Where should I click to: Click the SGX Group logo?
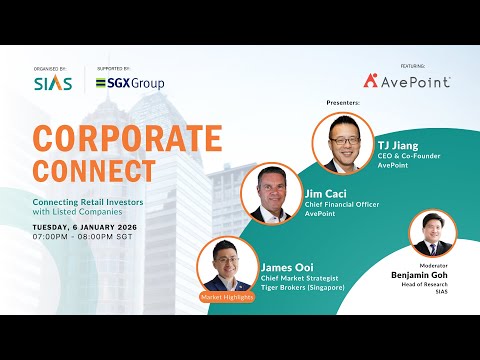click(x=130, y=83)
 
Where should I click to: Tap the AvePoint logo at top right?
click(x=406, y=80)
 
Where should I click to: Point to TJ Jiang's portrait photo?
click(x=343, y=141)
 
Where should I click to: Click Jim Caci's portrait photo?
click(x=272, y=193)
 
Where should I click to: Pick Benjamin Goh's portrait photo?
click(x=433, y=233)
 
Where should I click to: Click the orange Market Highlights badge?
click(x=227, y=297)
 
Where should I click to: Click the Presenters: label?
click(x=344, y=102)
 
